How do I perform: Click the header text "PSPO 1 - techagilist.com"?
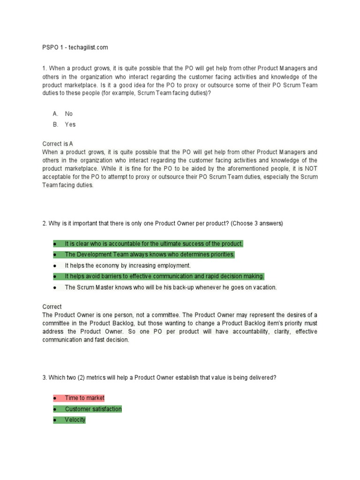[x=75, y=47]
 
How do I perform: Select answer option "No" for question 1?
[x=69, y=114]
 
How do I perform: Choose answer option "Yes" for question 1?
[x=70, y=125]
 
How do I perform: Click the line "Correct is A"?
[x=58, y=144]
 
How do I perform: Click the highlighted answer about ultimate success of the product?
[x=154, y=244]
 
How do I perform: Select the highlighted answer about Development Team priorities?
[x=150, y=255]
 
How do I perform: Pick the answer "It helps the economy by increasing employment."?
[x=127, y=265]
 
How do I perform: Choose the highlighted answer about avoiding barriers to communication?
[x=164, y=276]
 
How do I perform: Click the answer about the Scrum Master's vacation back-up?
[x=171, y=287]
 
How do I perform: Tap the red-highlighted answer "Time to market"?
[x=85, y=398]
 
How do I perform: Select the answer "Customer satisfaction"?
[x=93, y=409]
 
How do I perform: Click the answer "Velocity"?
[x=75, y=420]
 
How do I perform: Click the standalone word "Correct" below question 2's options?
[x=52, y=307]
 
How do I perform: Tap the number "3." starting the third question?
[x=45, y=378]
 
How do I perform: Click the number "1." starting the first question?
[x=45, y=68]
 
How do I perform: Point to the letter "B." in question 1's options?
[x=55, y=125]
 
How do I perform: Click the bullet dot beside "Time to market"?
[x=55, y=398]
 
